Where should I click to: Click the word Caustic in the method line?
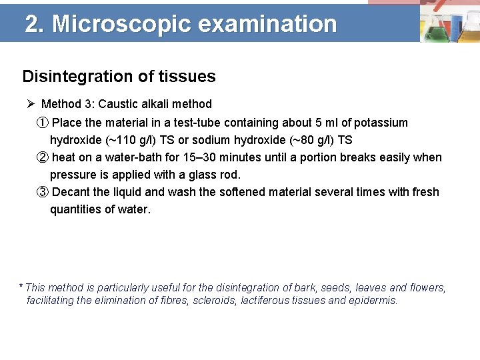pyautogui.click(x=119, y=104)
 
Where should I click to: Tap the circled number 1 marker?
pyautogui.click(x=42, y=123)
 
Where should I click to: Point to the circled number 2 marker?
pyautogui.click(x=42, y=157)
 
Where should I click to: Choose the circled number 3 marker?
pyautogui.click(x=42, y=192)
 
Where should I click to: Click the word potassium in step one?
pyautogui.click(x=381, y=123)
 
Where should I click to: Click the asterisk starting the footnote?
pyautogui.click(x=21, y=287)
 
